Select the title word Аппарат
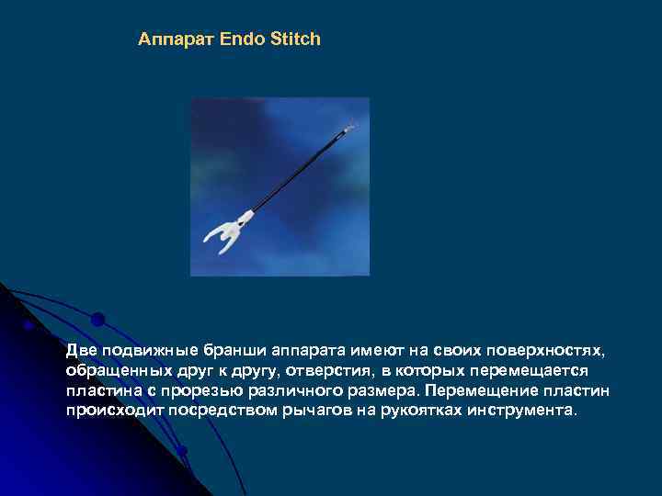[x=176, y=39]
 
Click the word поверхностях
[x=548, y=351]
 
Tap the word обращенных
[x=116, y=370]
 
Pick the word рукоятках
[x=408, y=411]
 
